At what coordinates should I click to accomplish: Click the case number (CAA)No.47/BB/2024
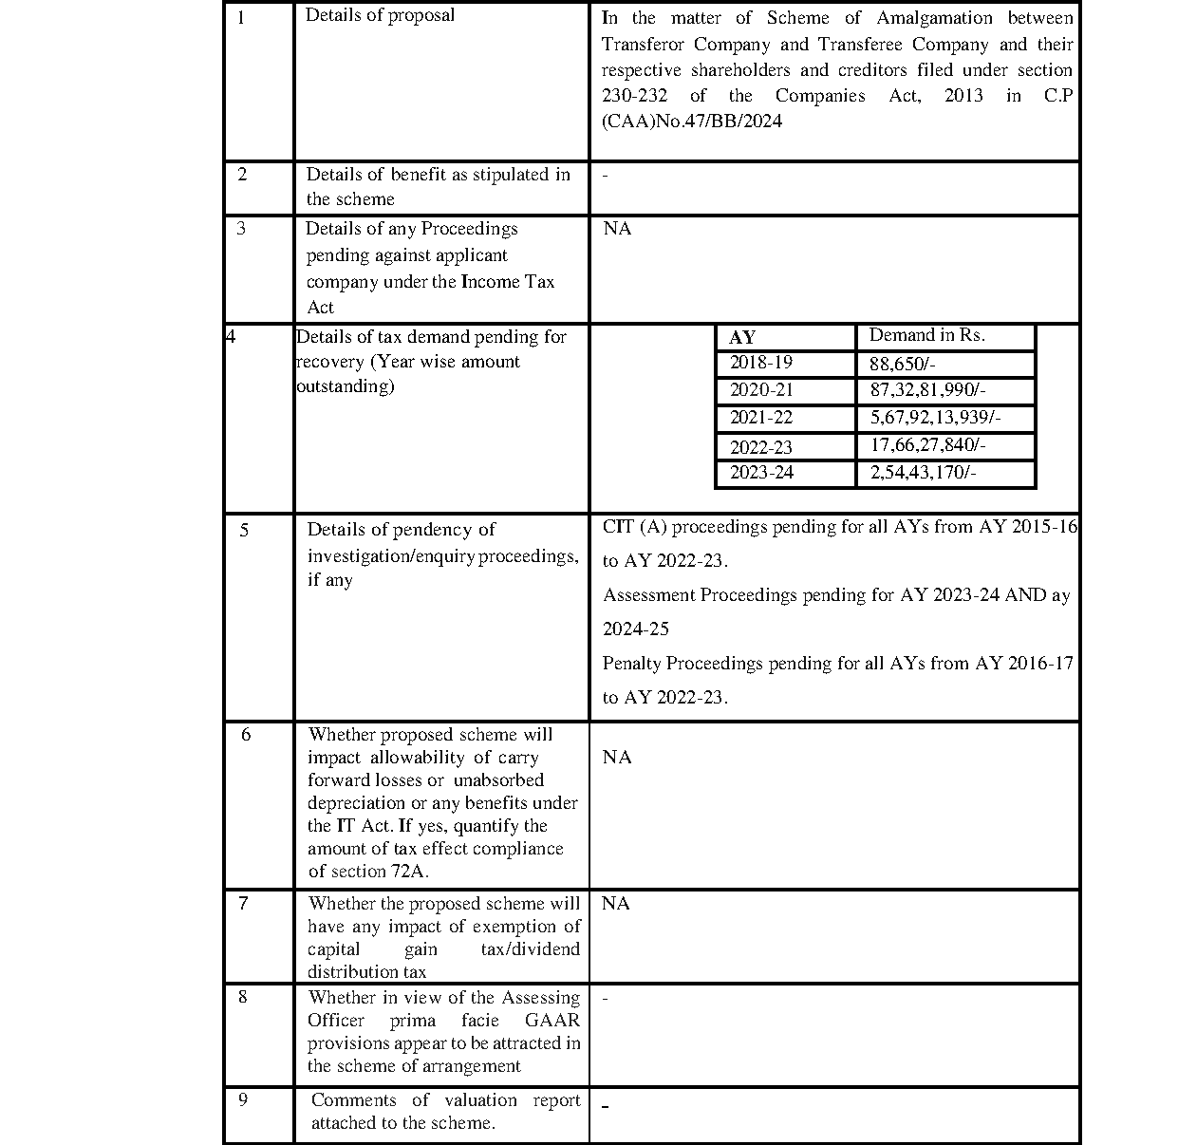coord(692,122)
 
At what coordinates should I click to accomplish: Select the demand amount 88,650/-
coord(902,364)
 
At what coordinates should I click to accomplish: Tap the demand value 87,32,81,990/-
coord(927,390)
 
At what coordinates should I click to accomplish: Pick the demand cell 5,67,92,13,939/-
coord(935,418)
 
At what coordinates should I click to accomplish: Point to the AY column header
coord(742,338)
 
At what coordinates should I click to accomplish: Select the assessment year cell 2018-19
coord(760,363)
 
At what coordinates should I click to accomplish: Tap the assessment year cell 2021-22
coord(760,418)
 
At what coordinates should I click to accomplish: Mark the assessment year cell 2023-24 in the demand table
coord(760,473)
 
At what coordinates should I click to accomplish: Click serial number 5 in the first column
coord(244,530)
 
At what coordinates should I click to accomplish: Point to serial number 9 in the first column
coord(243,1099)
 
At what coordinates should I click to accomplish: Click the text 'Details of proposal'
coord(380,15)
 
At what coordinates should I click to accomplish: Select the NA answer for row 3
coord(617,229)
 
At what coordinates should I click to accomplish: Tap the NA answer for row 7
coord(615,903)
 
